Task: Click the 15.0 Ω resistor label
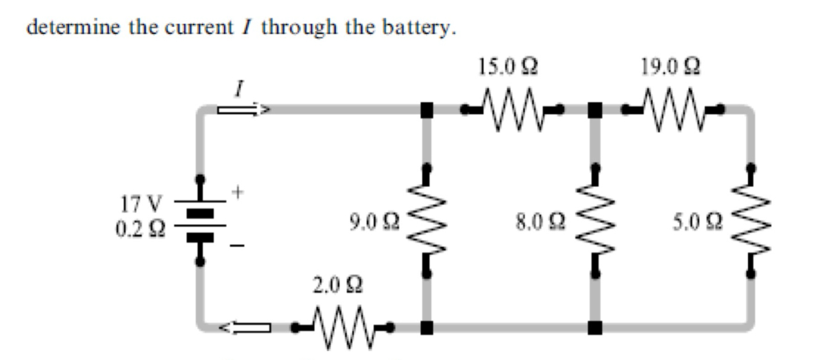507,67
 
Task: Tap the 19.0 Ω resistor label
670,67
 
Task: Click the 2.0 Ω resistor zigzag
344,328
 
